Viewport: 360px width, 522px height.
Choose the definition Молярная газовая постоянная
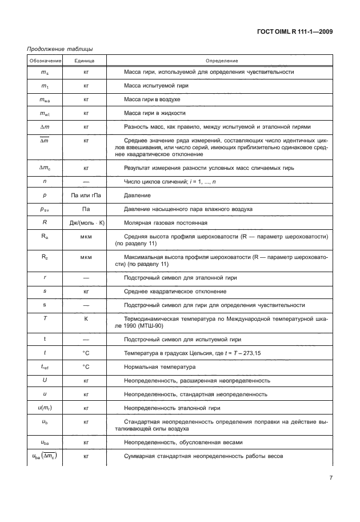(x=166, y=222)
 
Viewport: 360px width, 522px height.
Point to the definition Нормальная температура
(x=159, y=366)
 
